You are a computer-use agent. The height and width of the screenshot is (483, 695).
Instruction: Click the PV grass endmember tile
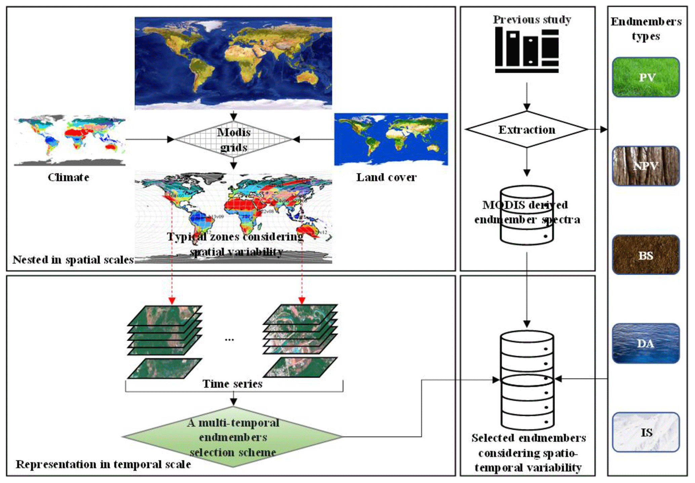tap(646, 77)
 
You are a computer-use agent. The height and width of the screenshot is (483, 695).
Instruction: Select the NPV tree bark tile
tap(646, 166)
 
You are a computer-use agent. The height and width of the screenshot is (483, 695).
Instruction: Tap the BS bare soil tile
tap(646, 255)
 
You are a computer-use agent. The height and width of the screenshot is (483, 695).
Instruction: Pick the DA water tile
tap(646, 343)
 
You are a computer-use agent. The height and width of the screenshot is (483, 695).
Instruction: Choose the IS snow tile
tap(646, 432)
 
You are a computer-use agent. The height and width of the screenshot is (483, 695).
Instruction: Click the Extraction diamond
tap(527, 129)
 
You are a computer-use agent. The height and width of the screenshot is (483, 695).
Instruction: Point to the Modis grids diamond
tap(233, 139)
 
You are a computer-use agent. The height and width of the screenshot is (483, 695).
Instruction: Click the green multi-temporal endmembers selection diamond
tap(233, 437)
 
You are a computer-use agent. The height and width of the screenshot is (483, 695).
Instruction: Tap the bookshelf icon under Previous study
tap(527, 50)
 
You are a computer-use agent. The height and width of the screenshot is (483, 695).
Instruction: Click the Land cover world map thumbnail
tap(391, 139)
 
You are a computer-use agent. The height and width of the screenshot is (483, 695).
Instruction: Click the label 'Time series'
tap(232, 384)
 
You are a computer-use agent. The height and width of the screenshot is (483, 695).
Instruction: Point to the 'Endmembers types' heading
tap(646, 29)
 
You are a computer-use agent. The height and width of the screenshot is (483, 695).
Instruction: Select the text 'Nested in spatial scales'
tap(73, 260)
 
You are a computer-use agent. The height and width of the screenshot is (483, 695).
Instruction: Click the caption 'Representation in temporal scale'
tap(103, 464)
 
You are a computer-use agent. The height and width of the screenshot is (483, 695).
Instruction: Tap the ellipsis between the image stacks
tap(229, 340)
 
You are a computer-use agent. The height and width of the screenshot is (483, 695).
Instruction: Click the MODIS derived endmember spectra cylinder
tap(527, 215)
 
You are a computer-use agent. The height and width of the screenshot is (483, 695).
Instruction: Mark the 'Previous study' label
tap(532, 19)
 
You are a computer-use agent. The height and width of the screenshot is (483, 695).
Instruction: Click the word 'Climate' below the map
tap(69, 177)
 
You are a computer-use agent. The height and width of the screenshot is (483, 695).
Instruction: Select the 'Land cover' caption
tap(386, 177)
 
